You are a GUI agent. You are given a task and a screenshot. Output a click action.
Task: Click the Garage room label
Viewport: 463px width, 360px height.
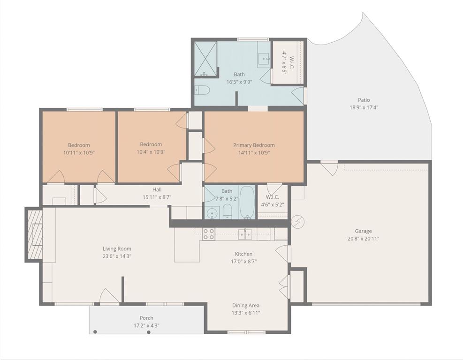[x=363, y=231]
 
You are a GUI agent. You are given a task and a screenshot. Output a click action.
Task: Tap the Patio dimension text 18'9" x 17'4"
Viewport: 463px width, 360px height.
[x=364, y=107]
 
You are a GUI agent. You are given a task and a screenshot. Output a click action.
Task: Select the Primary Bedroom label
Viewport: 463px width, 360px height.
[x=254, y=145]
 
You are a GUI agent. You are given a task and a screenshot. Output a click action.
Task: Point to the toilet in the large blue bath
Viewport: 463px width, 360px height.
[x=202, y=90]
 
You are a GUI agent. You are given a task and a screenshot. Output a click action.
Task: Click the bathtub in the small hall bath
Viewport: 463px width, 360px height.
[x=247, y=202]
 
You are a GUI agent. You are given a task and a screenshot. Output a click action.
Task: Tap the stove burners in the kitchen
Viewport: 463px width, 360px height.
[x=209, y=234]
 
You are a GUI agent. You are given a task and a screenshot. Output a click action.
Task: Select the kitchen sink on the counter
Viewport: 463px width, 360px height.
[x=245, y=233]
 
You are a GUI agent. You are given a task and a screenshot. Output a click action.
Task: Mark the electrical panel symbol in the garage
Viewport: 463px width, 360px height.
[x=296, y=222]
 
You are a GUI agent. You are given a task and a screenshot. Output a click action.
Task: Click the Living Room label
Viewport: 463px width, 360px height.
[x=117, y=248]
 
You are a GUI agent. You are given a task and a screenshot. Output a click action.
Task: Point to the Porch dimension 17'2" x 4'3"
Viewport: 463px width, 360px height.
[x=146, y=325]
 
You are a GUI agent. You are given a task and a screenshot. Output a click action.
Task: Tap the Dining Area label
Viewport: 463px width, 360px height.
[x=246, y=305]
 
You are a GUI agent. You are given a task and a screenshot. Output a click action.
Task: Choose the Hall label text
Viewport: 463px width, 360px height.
[x=157, y=189]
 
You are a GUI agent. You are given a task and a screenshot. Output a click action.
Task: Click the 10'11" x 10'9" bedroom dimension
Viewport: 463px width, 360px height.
[x=79, y=152]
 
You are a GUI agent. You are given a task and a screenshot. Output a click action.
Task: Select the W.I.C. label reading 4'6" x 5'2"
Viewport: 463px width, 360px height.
[x=272, y=204]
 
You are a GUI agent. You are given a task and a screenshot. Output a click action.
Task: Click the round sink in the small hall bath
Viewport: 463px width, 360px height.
[x=213, y=214]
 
